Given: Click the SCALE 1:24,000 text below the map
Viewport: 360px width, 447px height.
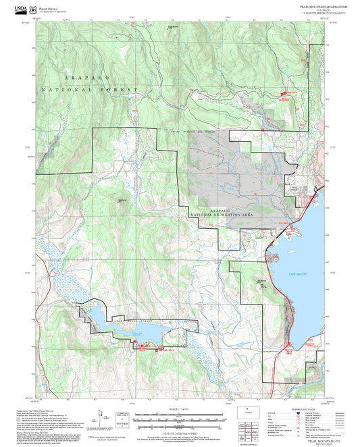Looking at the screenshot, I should [179, 410].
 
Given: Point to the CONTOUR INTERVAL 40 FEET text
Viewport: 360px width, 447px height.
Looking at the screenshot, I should [179, 430].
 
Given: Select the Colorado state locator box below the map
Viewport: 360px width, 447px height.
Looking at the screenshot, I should [248, 411].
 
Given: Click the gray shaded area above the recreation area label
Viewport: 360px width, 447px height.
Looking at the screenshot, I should [223, 169].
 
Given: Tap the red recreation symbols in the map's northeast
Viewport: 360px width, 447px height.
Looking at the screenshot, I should [282, 95].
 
